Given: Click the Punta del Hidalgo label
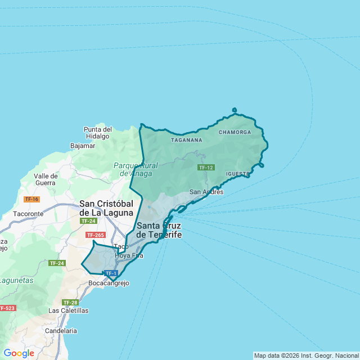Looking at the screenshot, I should (98, 133).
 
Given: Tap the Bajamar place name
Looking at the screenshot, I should (83, 146).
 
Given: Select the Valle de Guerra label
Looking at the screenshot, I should (45, 179).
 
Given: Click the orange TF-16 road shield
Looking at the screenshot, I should (31, 199).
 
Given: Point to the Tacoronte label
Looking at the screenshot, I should (28, 214).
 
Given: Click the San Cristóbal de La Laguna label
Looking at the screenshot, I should (106, 208).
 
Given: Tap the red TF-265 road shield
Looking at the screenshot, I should (95, 235).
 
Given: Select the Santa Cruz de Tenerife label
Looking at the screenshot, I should (159, 230).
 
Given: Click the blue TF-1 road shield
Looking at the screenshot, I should (110, 273).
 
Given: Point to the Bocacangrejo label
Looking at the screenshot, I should (109, 283).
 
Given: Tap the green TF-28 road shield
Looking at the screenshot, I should (70, 303).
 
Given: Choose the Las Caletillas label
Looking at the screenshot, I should (69, 310).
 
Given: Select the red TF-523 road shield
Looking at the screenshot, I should (7, 308).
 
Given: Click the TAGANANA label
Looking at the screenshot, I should (186, 139).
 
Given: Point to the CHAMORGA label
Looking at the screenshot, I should (235, 132).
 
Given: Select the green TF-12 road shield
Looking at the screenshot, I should (206, 168).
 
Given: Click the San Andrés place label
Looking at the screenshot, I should (206, 192).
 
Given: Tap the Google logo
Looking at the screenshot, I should (19, 353).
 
